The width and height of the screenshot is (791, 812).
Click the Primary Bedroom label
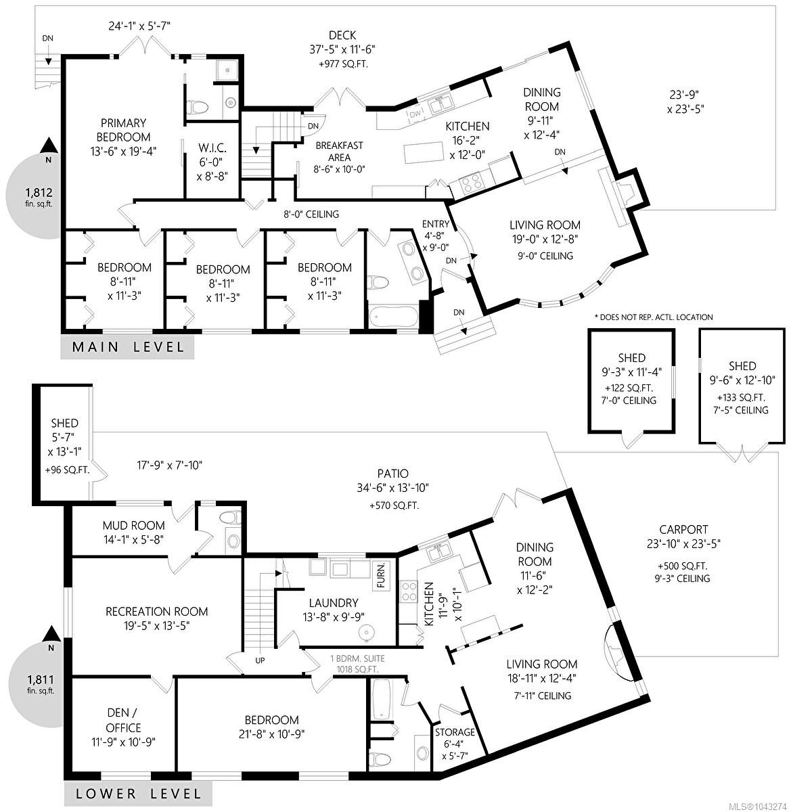(x=123, y=130)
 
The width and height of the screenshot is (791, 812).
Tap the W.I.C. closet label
(x=212, y=148)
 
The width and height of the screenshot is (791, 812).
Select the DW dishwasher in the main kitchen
(x=415, y=114)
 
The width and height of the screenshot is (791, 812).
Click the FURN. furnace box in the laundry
(x=381, y=575)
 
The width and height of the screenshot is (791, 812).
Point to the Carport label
(x=683, y=530)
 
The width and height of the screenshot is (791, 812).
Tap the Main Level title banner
(x=127, y=347)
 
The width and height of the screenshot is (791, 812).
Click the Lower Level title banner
(x=138, y=794)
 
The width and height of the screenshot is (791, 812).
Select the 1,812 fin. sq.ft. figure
(x=39, y=196)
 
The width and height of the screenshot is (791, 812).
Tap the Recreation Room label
(x=156, y=612)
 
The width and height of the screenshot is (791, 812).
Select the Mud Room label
(x=133, y=525)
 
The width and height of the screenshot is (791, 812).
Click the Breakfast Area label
(x=339, y=151)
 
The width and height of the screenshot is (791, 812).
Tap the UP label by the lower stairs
(x=260, y=660)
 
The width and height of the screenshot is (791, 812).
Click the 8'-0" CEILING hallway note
(x=311, y=214)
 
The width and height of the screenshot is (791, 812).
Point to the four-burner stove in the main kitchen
(x=471, y=183)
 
